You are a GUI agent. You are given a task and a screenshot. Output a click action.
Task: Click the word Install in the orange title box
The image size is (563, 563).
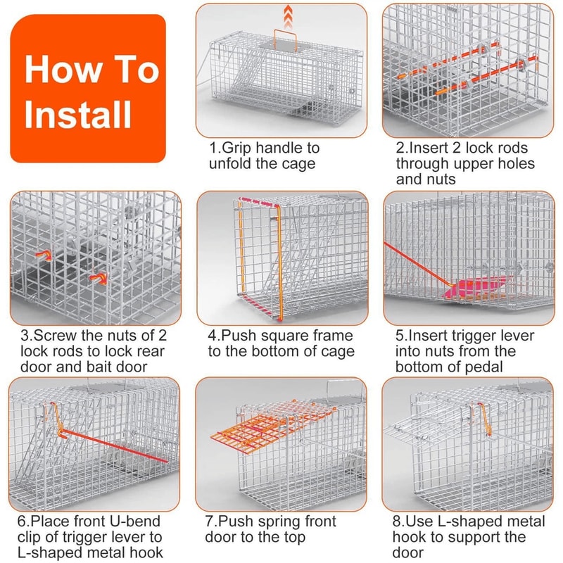(78, 113)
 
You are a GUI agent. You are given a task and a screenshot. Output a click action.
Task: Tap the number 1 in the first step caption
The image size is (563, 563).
(214, 148)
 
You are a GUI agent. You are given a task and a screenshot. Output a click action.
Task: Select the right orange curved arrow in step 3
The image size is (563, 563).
(98, 279)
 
